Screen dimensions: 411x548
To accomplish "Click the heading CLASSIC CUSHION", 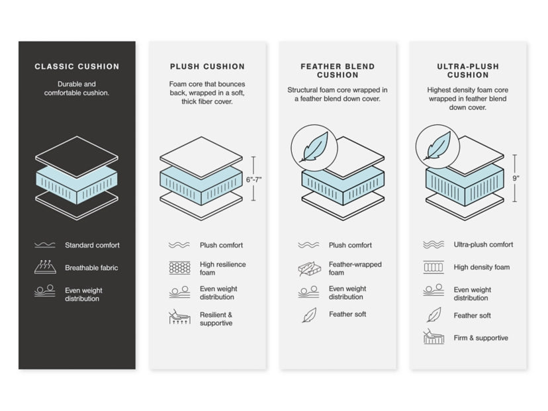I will click(77, 67).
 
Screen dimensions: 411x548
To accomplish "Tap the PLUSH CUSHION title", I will click(207, 67).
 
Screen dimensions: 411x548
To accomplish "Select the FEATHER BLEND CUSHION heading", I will click(338, 71).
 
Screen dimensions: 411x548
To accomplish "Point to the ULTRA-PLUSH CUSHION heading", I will click(468, 71).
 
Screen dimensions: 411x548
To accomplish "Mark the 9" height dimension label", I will click(516, 178).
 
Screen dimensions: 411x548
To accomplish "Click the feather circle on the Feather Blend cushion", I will click(314, 148).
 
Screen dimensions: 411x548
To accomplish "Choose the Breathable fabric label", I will click(91, 268).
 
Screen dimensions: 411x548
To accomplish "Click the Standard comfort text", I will click(92, 246).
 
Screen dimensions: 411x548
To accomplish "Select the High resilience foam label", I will click(222, 268).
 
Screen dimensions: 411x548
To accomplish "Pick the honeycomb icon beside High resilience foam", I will click(179, 268).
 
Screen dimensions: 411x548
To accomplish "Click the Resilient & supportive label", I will click(216, 319).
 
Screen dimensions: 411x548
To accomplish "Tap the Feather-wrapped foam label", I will click(355, 268).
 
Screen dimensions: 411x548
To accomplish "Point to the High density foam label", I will click(482, 267).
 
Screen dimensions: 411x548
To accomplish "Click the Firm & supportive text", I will click(481, 338).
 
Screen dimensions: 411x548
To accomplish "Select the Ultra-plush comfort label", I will click(483, 245).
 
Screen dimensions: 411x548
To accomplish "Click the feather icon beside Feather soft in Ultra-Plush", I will click(434, 315).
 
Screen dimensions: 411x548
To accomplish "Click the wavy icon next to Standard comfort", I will click(45, 246).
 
